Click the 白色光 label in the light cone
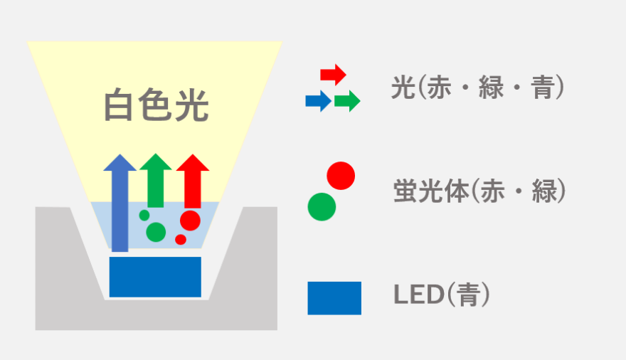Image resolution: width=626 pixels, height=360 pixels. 156,105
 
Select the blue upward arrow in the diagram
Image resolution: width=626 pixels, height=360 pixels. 120,203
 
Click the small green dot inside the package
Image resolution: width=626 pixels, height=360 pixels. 144,215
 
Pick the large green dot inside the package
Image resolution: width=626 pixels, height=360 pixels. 156,232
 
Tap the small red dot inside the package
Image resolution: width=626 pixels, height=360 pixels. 181,240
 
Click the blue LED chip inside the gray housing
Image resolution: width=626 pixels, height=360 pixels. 155,277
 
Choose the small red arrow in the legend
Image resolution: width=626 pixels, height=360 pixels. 333,74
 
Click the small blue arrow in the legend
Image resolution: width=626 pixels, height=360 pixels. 318,101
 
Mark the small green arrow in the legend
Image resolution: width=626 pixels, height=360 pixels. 347,101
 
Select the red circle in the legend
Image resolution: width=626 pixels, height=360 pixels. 340,176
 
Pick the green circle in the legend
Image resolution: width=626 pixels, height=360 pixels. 322,206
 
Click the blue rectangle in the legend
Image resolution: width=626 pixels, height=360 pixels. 334,298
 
